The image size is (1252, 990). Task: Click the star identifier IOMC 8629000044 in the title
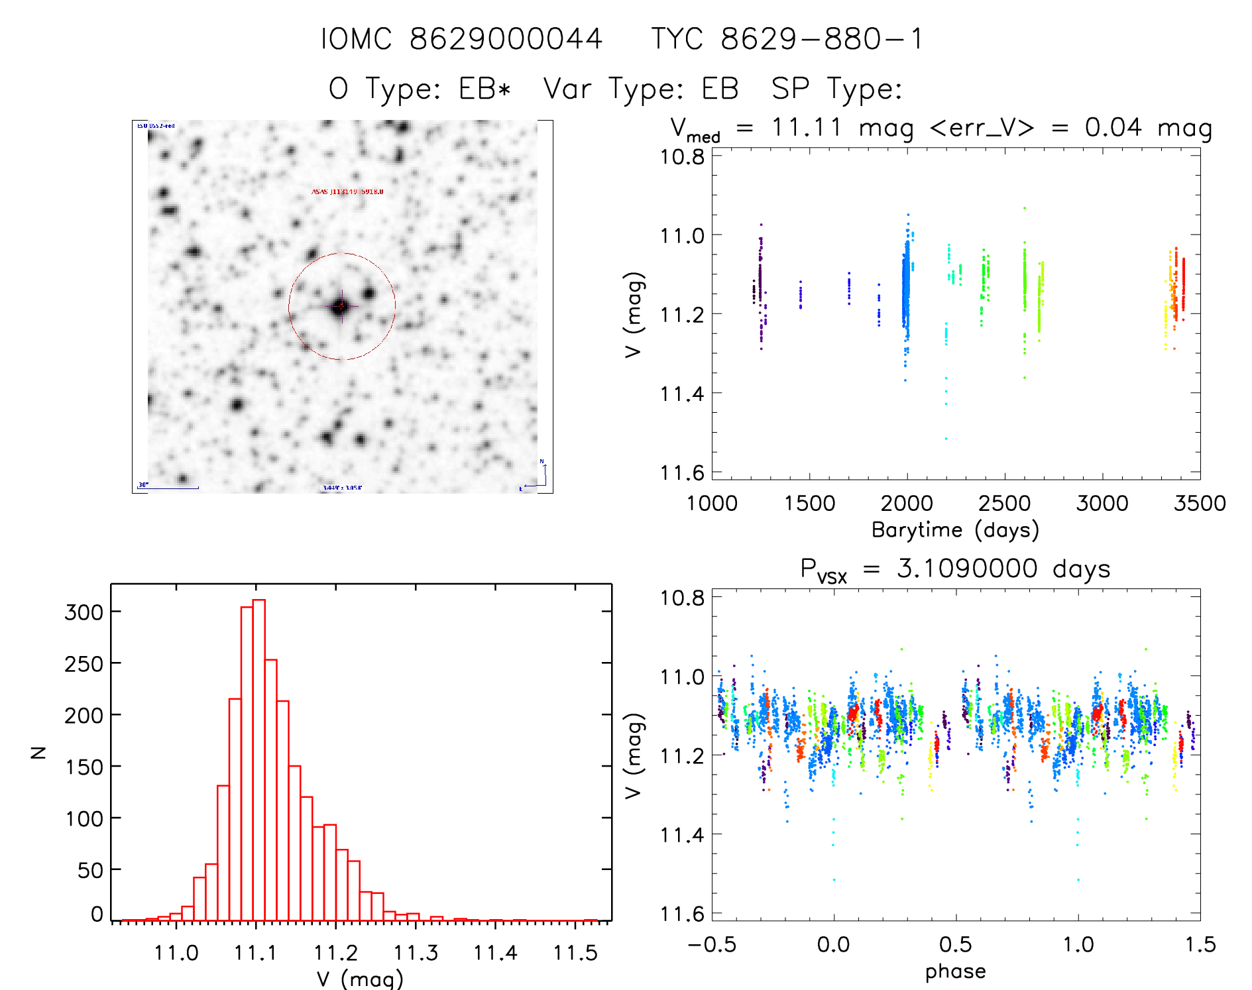(x=462, y=39)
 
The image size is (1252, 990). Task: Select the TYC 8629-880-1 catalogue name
(x=787, y=39)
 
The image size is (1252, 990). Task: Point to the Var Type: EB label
(x=640, y=89)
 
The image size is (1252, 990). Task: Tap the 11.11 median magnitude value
(x=806, y=127)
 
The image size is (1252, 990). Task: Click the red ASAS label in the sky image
(x=347, y=192)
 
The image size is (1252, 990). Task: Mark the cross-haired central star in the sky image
(x=341, y=306)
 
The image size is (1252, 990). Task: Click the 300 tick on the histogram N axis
(x=84, y=612)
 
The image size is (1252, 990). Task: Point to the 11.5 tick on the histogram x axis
(x=575, y=953)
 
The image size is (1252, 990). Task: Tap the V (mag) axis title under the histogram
(x=360, y=979)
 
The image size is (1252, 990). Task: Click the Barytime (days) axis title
(x=955, y=529)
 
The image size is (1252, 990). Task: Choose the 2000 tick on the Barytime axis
(x=907, y=503)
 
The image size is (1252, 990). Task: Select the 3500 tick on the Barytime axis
(x=1200, y=503)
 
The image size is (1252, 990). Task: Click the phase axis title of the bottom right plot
(x=955, y=971)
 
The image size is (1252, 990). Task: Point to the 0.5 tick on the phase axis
(x=956, y=944)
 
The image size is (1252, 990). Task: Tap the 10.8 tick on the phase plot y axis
(x=682, y=598)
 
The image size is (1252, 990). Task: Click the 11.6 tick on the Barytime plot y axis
(x=682, y=472)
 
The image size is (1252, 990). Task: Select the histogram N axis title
(x=38, y=752)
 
